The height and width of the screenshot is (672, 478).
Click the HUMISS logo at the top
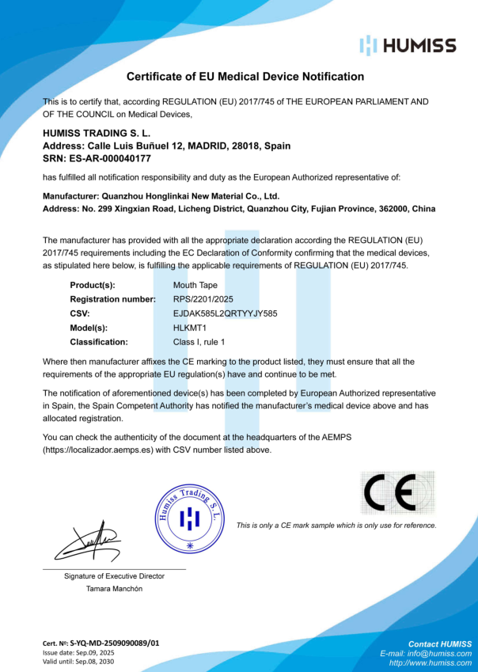(x=407, y=45)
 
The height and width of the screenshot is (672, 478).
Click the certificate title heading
(x=245, y=77)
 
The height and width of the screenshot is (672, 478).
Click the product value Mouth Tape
(x=195, y=284)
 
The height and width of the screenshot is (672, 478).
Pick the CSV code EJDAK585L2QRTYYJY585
(x=225, y=313)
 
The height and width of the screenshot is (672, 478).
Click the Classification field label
(x=98, y=342)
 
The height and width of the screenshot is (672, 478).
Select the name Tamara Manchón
(x=115, y=589)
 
